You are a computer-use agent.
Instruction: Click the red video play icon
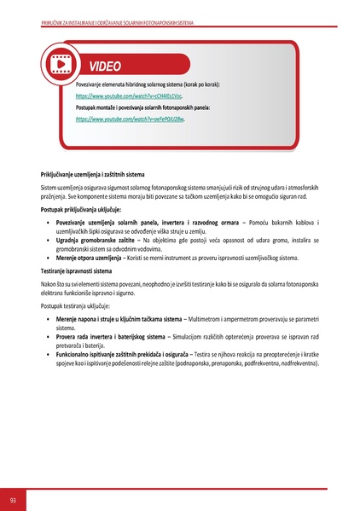tap(61, 64)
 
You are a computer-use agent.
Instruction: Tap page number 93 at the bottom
tap(13, 498)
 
